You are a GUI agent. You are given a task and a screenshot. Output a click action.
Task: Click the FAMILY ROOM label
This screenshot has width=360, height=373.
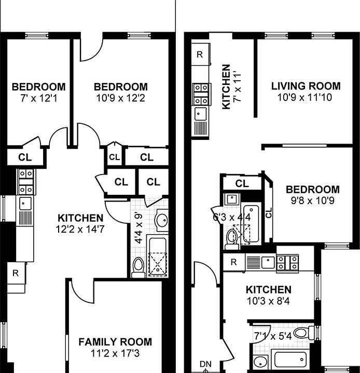pos(115,341)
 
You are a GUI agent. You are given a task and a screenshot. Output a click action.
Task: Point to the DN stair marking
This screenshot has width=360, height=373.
pos(205,364)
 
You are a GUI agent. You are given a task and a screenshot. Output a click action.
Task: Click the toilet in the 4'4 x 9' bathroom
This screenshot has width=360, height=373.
pos(138,267)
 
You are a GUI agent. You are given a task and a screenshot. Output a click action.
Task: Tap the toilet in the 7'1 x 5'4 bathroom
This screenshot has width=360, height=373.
pos(300,333)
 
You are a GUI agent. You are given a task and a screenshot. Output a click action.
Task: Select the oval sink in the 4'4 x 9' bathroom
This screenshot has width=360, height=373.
pos(162,220)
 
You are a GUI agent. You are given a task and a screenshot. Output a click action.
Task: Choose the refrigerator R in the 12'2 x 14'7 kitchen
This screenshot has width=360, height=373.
pos(16,272)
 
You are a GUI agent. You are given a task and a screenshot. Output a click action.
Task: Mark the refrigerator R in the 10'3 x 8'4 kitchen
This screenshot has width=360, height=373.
pos(234,263)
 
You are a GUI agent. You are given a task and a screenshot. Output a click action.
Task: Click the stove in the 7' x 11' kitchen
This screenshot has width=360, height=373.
pos(200,94)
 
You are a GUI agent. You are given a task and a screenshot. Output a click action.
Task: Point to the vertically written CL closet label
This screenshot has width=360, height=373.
pos(268,212)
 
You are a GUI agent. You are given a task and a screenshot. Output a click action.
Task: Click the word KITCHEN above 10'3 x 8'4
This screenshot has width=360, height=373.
pos(268,290)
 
